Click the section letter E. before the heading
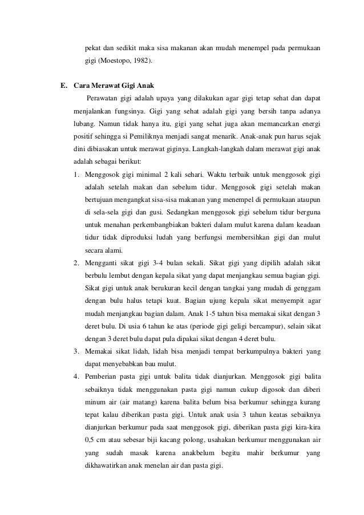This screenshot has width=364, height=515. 64,86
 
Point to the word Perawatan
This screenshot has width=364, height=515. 103,99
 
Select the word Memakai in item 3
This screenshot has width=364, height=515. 100,351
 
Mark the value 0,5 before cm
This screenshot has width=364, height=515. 90,439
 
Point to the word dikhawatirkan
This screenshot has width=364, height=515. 108,464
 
